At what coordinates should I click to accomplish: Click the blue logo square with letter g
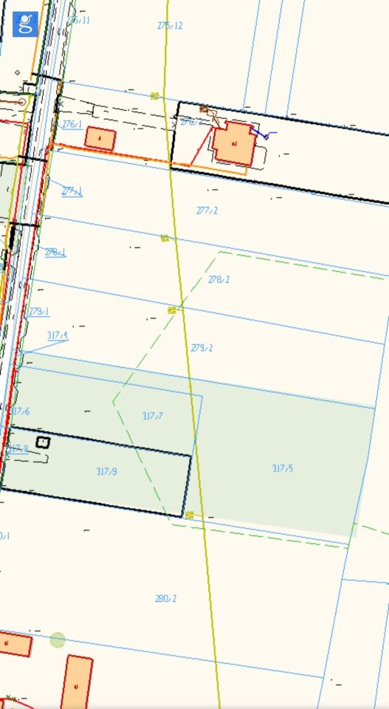[25, 24]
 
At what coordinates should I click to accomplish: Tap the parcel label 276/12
[170, 26]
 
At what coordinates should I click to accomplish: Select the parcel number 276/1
[72, 124]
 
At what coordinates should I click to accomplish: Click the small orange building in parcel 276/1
[100, 138]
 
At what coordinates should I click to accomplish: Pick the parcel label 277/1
[72, 191]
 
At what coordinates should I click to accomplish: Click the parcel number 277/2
[207, 210]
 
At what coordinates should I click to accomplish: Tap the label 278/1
[55, 252]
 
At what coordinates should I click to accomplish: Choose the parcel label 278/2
[218, 280]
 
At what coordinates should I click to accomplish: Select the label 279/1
[38, 312]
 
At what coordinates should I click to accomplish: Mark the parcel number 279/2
[202, 347]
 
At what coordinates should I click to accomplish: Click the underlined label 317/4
[57, 335]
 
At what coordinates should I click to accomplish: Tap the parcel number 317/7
[152, 416]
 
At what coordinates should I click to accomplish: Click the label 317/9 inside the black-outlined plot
[106, 471]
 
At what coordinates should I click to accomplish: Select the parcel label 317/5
[283, 467]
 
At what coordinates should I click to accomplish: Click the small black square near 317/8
[43, 442]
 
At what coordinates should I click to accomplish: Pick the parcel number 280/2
[166, 598]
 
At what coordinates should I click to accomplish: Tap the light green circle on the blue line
[58, 640]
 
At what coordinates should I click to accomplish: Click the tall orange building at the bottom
[76, 682]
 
